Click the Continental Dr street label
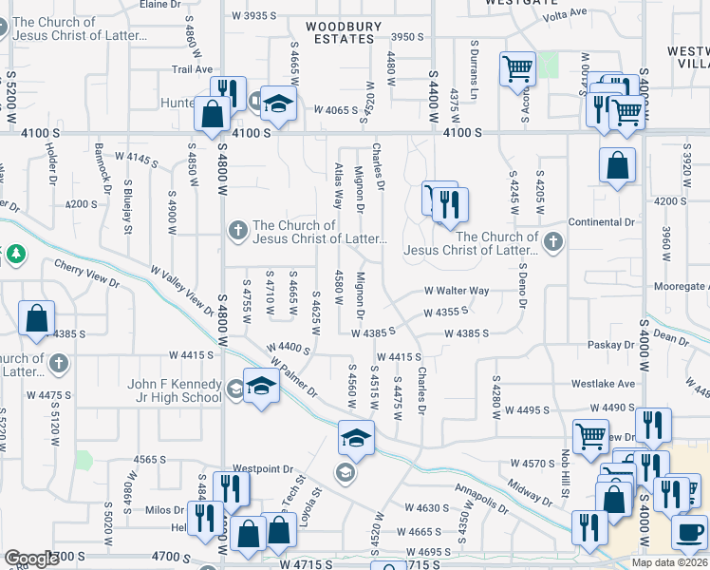tap(601, 221)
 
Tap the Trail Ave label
tap(191, 69)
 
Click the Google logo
tap(30, 559)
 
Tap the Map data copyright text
tap(671, 562)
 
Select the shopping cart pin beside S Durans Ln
tap(517, 68)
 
